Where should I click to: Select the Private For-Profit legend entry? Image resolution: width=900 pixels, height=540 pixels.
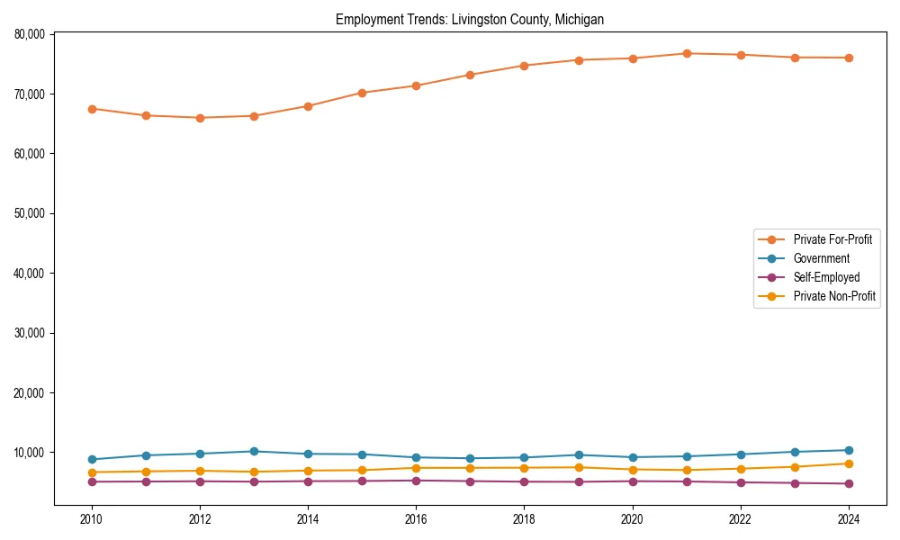(x=832, y=239)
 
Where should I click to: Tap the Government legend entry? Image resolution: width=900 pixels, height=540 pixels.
(x=821, y=258)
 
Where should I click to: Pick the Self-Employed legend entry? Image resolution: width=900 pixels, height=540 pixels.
(x=826, y=277)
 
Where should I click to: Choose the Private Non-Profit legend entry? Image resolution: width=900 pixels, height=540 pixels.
(x=834, y=296)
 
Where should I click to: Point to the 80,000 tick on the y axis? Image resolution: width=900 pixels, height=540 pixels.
(x=30, y=34)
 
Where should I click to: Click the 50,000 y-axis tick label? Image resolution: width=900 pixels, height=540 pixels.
(x=30, y=213)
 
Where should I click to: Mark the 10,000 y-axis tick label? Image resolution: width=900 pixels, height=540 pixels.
(x=30, y=453)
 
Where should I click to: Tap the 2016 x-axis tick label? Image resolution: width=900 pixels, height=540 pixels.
(x=416, y=519)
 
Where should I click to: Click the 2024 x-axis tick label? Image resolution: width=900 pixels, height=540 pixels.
(x=849, y=519)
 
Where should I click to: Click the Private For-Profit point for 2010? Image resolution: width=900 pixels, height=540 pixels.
(x=92, y=109)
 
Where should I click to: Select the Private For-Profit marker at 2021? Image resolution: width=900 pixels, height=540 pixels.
(x=687, y=53)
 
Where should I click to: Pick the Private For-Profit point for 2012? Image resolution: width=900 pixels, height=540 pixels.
(x=200, y=118)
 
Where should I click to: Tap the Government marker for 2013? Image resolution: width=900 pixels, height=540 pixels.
(x=254, y=451)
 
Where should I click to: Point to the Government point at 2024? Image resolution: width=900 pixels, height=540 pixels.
(x=849, y=450)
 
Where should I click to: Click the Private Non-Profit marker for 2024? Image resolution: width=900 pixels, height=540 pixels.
(x=849, y=463)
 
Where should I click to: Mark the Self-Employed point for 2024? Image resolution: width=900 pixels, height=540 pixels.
(x=849, y=484)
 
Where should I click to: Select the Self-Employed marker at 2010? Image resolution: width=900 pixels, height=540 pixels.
(x=92, y=481)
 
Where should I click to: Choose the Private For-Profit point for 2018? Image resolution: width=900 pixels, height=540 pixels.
(x=524, y=66)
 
